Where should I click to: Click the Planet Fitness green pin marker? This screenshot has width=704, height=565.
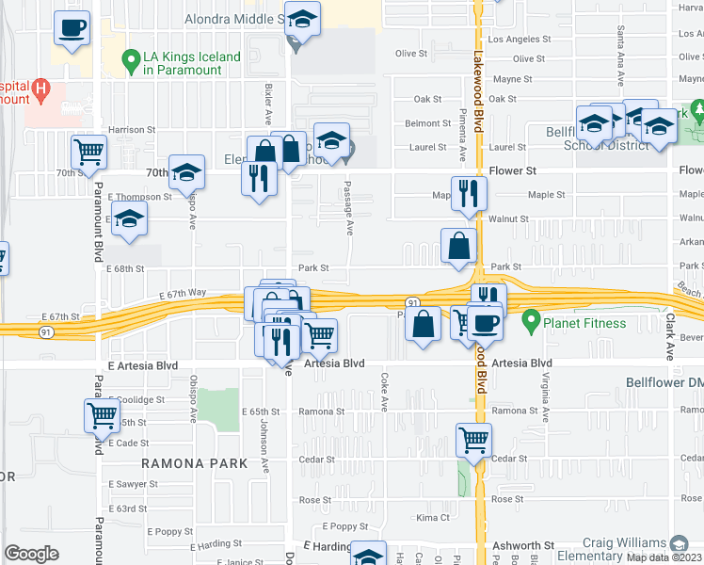tap(531, 323)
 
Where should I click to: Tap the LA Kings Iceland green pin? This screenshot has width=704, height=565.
tap(132, 63)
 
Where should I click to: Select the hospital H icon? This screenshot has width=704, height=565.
tap(40, 91)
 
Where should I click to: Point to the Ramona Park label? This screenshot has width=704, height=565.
tap(194, 463)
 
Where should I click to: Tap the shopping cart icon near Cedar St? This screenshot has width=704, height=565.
tap(473, 438)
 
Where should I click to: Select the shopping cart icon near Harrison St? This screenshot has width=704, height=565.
tap(89, 151)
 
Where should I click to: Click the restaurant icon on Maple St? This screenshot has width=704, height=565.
tap(469, 193)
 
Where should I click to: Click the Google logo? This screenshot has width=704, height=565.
tap(31, 554)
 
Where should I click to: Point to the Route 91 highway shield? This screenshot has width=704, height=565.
tap(413, 301)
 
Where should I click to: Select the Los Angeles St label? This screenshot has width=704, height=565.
tap(520, 40)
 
